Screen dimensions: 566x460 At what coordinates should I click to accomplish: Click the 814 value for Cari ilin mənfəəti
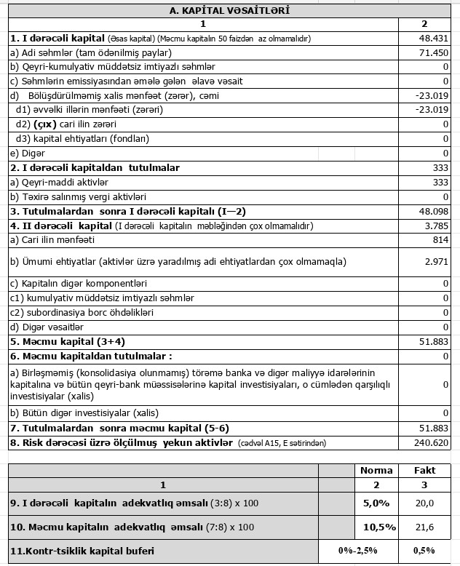439,239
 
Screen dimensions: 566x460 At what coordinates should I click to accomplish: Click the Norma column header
376,470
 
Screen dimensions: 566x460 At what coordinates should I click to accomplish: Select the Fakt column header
424,470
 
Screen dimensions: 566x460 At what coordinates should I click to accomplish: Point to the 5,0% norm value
376,503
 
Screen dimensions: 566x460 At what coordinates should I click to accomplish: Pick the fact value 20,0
424,503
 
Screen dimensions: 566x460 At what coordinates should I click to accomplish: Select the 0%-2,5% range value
357,551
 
